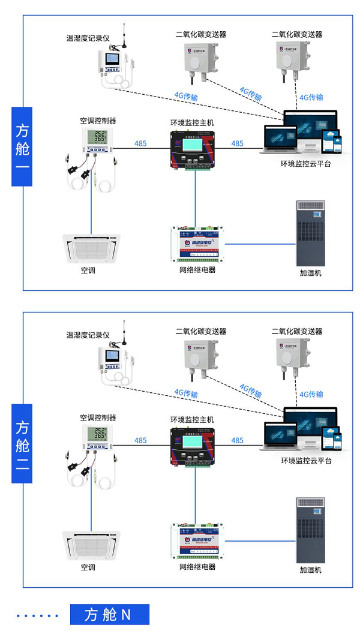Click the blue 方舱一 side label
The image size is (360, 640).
coord(22,147)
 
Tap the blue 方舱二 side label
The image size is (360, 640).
coord(22,444)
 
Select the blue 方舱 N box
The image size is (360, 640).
coord(109,614)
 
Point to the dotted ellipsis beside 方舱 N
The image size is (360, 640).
coord(38,615)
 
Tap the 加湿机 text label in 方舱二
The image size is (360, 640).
coord(310,569)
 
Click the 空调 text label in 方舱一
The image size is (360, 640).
coord(88,271)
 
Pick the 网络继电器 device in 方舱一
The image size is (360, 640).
coord(197,244)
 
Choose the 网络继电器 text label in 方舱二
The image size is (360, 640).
coord(197,566)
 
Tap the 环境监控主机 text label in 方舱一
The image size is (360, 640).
coord(191,123)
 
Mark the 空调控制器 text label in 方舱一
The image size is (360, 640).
coord(98,121)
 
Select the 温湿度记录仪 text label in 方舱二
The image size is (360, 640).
coord(88,335)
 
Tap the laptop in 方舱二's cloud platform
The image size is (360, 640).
coord(280,437)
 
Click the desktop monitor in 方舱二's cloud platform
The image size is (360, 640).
coord(310,424)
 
